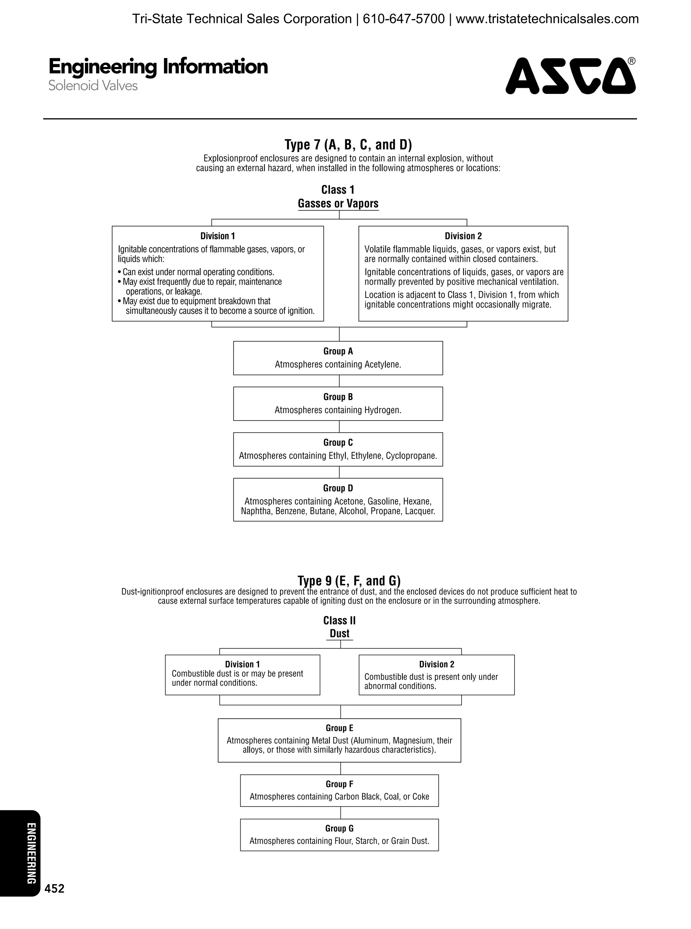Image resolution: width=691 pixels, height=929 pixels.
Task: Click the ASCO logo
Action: [x=571, y=76]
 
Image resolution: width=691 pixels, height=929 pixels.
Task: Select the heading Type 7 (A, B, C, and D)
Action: [x=348, y=145]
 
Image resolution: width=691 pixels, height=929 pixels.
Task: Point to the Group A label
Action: [x=338, y=351]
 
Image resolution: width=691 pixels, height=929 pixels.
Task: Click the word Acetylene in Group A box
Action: [x=382, y=365]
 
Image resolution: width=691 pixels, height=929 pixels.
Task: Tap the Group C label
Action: [x=338, y=443]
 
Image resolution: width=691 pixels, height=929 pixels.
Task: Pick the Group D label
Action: [x=338, y=488]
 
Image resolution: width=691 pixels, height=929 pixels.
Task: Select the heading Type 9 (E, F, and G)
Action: [x=349, y=581]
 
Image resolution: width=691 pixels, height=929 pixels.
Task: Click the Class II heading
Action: [x=339, y=620]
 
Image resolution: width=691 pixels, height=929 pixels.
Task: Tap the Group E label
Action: [x=339, y=728]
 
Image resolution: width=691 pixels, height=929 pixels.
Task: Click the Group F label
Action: [x=339, y=784]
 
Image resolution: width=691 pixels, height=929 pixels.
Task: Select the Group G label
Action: [x=339, y=828]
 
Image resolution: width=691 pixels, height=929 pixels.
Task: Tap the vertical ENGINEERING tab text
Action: [x=30, y=854]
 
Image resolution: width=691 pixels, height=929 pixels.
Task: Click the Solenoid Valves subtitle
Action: [x=93, y=86]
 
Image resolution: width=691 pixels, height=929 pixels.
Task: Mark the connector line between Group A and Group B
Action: [x=339, y=381]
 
